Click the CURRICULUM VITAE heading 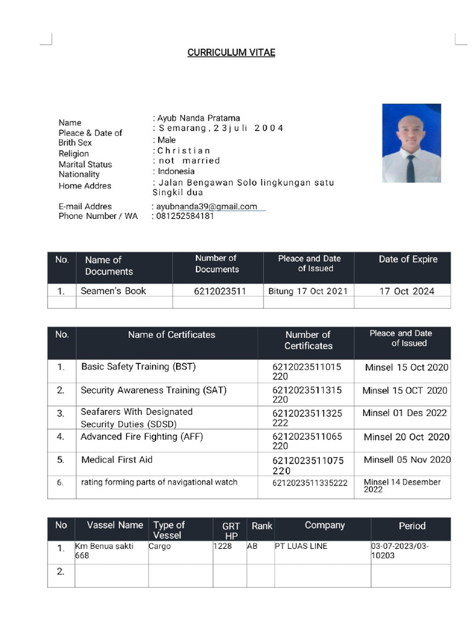tap(231, 53)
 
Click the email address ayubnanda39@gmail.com tap(206, 206)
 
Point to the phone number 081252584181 tap(185, 216)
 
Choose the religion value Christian tap(184, 151)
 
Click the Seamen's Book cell tap(113, 290)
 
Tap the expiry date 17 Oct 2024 tap(407, 291)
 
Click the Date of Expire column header tap(408, 259)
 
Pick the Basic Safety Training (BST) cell tap(138, 366)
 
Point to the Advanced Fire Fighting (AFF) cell tap(142, 437)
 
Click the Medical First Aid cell tap(117, 460)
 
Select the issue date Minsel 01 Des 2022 tap(405, 413)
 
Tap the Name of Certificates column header tap(172, 335)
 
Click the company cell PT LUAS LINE tap(302, 546)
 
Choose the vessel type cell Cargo tap(160, 546)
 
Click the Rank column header tap(262, 526)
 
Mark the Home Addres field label tap(85, 185)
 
